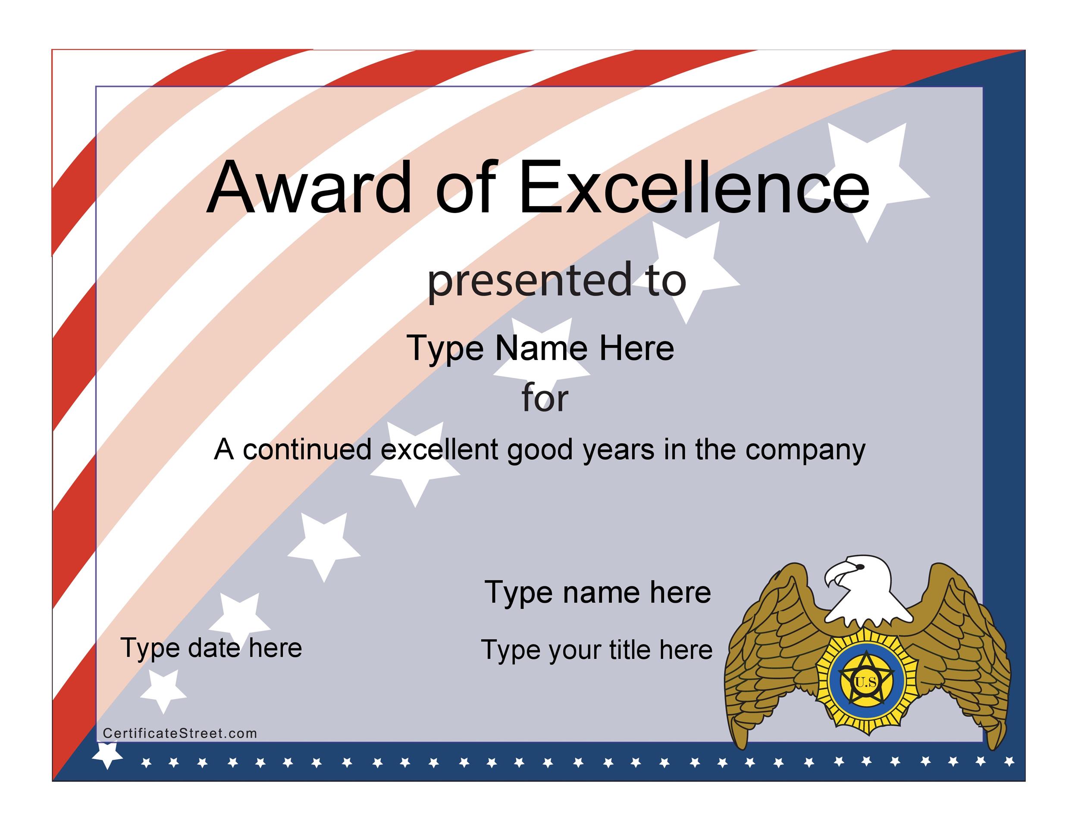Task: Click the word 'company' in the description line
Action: click(805, 451)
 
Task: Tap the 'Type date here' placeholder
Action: click(211, 648)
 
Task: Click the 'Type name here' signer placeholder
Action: click(598, 592)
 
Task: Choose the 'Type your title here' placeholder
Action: click(597, 650)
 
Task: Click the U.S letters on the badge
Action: click(866, 683)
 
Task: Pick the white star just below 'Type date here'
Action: click(163, 691)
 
